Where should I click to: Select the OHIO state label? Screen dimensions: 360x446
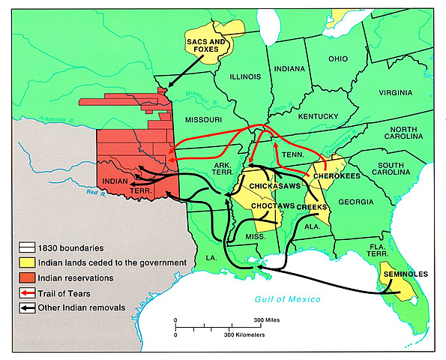[x=337, y=58]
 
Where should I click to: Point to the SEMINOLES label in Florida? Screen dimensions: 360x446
[x=406, y=274]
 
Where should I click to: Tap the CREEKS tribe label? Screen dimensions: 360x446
[x=310, y=206]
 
